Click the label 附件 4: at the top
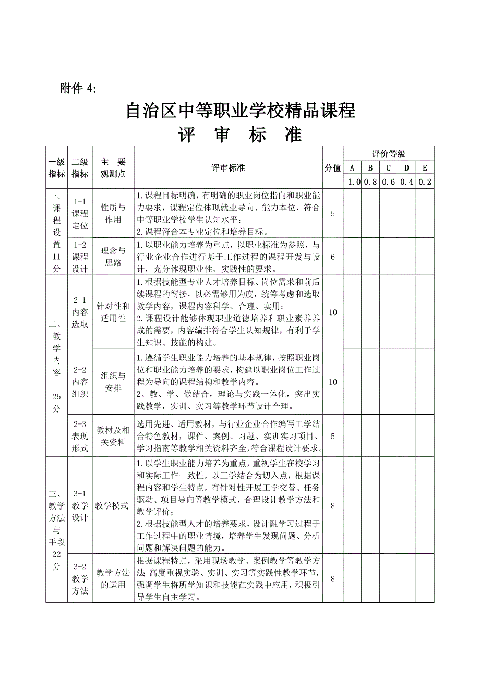coord(79,89)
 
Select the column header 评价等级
coord(388,154)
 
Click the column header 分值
coord(333,167)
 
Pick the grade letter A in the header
coord(352,167)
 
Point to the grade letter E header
coord(425,167)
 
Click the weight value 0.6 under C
coord(388,181)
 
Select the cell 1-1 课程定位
coord(80,213)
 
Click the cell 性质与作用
coord(113,213)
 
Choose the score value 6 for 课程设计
coord(333,257)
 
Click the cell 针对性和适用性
coord(113,312)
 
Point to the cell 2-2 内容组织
coord(80,381)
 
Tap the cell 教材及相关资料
coord(113,436)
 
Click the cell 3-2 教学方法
coord(80,578)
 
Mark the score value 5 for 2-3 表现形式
coord(333,436)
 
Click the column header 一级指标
coord(56,167)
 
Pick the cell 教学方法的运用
coord(113,578)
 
